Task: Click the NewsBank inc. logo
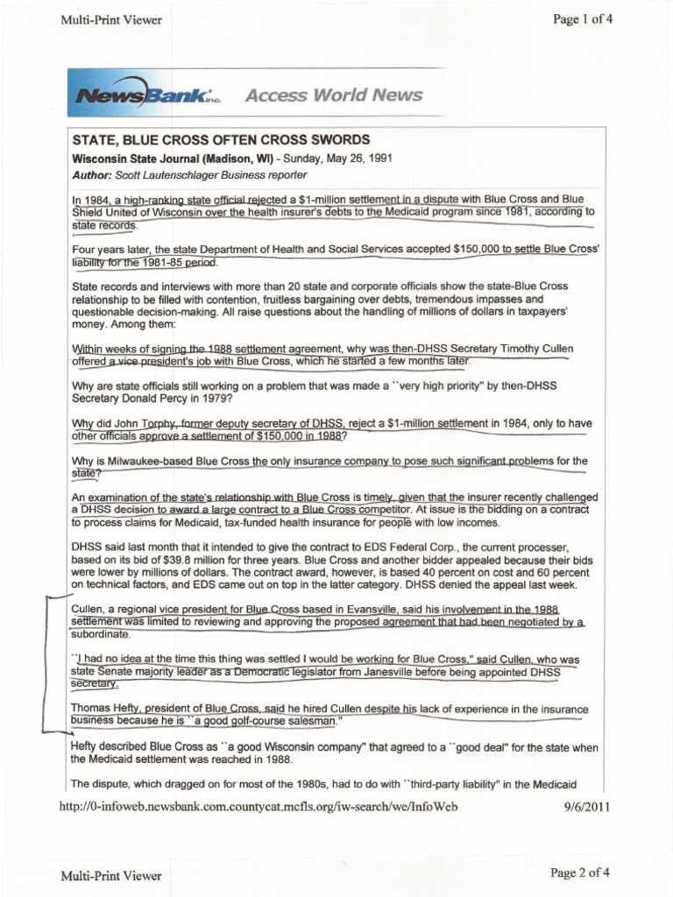pyautogui.click(x=150, y=95)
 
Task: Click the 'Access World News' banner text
pyautogui.click(x=333, y=95)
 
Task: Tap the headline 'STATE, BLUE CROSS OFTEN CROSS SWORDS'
pyautogui.click(x=221, y=140)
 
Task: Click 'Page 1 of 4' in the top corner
pyautogui.click(x=583, y=19)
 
